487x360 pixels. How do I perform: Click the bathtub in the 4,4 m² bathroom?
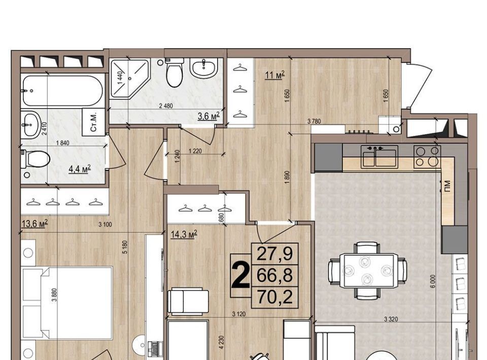62,91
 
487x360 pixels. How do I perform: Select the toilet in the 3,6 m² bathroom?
174,73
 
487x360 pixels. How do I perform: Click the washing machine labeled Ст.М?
93,122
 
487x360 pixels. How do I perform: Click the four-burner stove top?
427,157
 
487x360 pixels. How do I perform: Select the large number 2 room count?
240,275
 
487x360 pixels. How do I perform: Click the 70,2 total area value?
275,297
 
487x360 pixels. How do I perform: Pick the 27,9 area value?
275,254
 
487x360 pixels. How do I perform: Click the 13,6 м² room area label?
35,223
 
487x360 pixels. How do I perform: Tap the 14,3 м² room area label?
184,234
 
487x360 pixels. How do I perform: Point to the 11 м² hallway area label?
274,75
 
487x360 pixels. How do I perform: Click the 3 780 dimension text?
314,121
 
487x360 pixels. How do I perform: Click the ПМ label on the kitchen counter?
447,187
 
